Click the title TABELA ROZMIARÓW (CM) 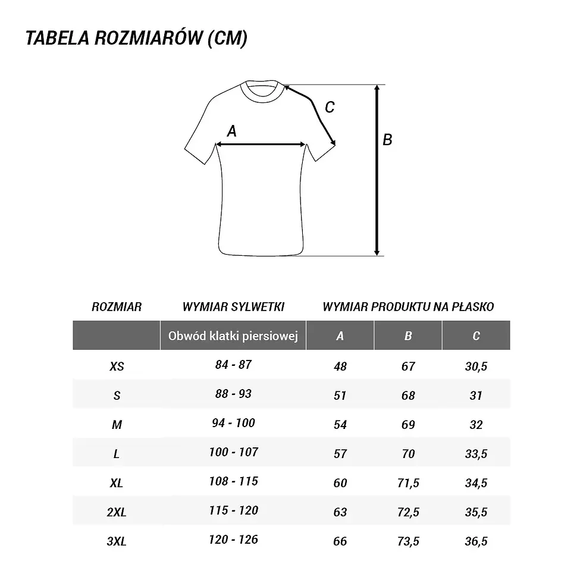pos(137,39)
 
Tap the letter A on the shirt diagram pos(232,131)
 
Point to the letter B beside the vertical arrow pos(387,140)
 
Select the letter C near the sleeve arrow pos(330,108)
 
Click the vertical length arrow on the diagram pos(377,170)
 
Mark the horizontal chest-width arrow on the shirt pos(261,144)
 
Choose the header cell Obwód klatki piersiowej pos(233,336)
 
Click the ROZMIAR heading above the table pos(117,307)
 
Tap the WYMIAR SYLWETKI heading pos(233,307)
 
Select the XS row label pos(117,366)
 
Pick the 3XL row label pos(117,541)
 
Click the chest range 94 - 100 pos(233,423)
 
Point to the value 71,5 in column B pos(408,482)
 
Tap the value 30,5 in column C pos(476,366)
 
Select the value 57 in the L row pos(340,454)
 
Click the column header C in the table pos(476,336)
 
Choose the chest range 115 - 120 pos(233,511)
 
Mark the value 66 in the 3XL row pos(340,541)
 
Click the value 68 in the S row pos(408,396)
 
